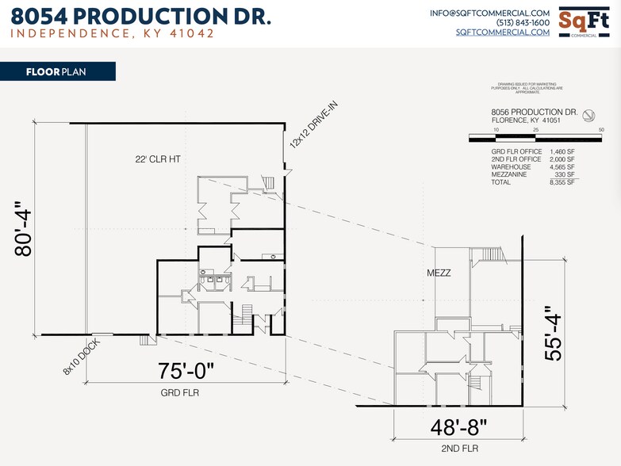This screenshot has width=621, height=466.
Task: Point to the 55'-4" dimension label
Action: pos(553,338)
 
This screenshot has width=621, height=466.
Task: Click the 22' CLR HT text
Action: pos(158,159)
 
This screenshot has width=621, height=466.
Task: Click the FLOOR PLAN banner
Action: pos(58,71)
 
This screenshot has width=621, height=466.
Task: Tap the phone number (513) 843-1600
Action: pos(523,23)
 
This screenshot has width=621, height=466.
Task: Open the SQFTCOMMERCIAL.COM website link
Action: pos(503,32)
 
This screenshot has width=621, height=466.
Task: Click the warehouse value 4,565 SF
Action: pos(562,167)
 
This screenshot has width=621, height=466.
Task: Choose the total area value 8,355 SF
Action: pos(562,182)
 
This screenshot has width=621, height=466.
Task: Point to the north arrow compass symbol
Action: pos(589,115)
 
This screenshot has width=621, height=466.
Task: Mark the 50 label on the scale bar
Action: pos(601,129)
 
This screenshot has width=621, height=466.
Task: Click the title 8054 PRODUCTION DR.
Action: pos(140,17)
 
